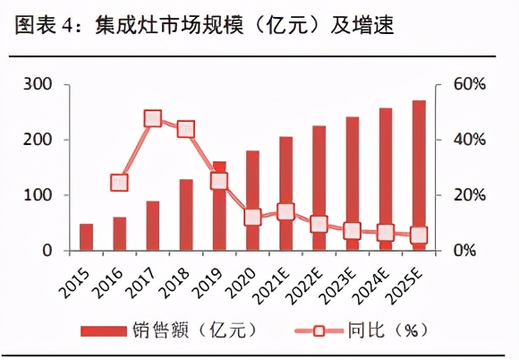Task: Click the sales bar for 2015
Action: click(86, 237)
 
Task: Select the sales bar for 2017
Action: click(153, 226)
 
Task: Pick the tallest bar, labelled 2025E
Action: click(419, 176)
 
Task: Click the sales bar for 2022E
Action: click(319, 188)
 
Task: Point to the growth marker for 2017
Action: click(153, 119)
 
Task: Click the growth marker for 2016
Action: click(120, 183)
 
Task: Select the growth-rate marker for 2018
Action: click(186, 129)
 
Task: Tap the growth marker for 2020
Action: click(252, 217)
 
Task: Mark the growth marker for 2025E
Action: click(419, 236)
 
